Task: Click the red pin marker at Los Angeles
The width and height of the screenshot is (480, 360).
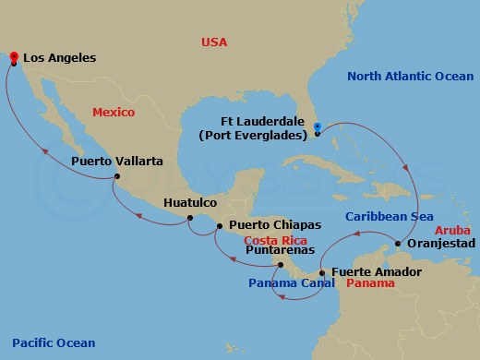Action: click(x=14, y=57)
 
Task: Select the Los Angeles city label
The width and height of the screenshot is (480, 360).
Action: click(x=60, y=58)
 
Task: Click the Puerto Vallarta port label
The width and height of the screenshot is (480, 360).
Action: click(x=116, y=161)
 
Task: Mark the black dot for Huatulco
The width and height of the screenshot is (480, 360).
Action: click(x=189, y=219)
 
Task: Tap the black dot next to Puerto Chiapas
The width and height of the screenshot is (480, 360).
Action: click(x=220, y=225)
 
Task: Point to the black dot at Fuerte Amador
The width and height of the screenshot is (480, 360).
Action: click(x=320, y=273)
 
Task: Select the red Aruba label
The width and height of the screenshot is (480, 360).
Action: click(x=452, y=228)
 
